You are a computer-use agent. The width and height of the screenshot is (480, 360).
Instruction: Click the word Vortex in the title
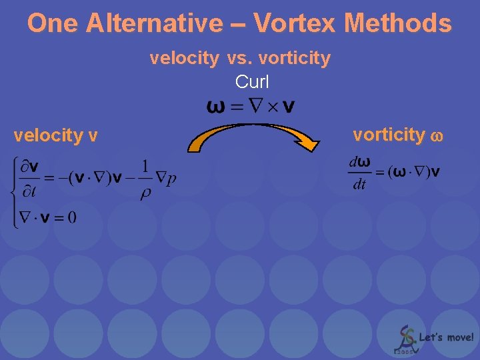point(295,23)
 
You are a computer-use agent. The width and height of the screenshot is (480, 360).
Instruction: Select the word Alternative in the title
point(154,23)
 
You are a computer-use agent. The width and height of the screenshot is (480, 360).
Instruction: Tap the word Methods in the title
point(398,23)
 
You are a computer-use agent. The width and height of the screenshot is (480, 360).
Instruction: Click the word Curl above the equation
point(252,82)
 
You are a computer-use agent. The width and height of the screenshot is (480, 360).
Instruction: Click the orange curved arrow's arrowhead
point(307,142)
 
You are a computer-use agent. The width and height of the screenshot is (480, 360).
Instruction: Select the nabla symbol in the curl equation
point(255,106)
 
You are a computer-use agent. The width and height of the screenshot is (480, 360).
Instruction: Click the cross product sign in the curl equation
point(273,107)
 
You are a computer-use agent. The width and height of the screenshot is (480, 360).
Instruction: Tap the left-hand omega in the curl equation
point(216,107)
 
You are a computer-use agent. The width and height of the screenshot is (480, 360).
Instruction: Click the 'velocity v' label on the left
point(56,136)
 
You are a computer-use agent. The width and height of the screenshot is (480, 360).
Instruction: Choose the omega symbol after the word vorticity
point(437,136)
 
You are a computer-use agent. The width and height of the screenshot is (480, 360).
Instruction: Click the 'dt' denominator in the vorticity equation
point(359,185)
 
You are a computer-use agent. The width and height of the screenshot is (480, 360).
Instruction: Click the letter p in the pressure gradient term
point(171,179)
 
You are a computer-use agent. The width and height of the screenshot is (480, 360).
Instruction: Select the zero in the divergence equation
point(71,217)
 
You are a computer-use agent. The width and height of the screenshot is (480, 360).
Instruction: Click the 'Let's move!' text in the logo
point(446,337)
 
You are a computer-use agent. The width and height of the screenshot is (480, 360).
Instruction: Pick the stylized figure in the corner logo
point(405,337)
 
